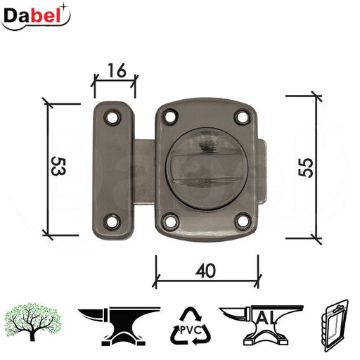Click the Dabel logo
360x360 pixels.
click(35, 16)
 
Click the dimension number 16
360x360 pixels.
click(117, 70)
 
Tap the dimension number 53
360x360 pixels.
click(58, 167)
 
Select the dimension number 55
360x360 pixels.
click(306, 167)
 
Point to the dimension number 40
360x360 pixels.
click(205, 271)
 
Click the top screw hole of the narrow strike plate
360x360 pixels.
click(112, 117)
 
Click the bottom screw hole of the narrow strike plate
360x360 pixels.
click(112, 221)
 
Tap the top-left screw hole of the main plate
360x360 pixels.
click(170, 117)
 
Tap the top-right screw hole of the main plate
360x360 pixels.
click(243, 117)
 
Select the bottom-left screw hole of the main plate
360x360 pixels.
click(170, 220)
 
